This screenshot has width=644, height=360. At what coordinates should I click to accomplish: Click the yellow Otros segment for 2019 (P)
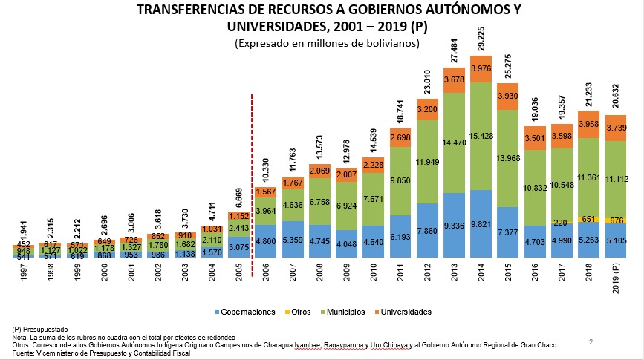(x=615, y=220)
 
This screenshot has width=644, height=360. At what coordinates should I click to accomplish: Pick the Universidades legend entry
(x=403, y=312)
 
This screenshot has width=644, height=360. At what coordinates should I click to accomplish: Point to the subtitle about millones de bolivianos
(x=327, y=44)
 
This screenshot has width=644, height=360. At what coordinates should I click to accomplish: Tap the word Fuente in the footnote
(x=24, y=353)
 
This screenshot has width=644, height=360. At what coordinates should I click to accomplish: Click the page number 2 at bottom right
(x=591, y=341)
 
